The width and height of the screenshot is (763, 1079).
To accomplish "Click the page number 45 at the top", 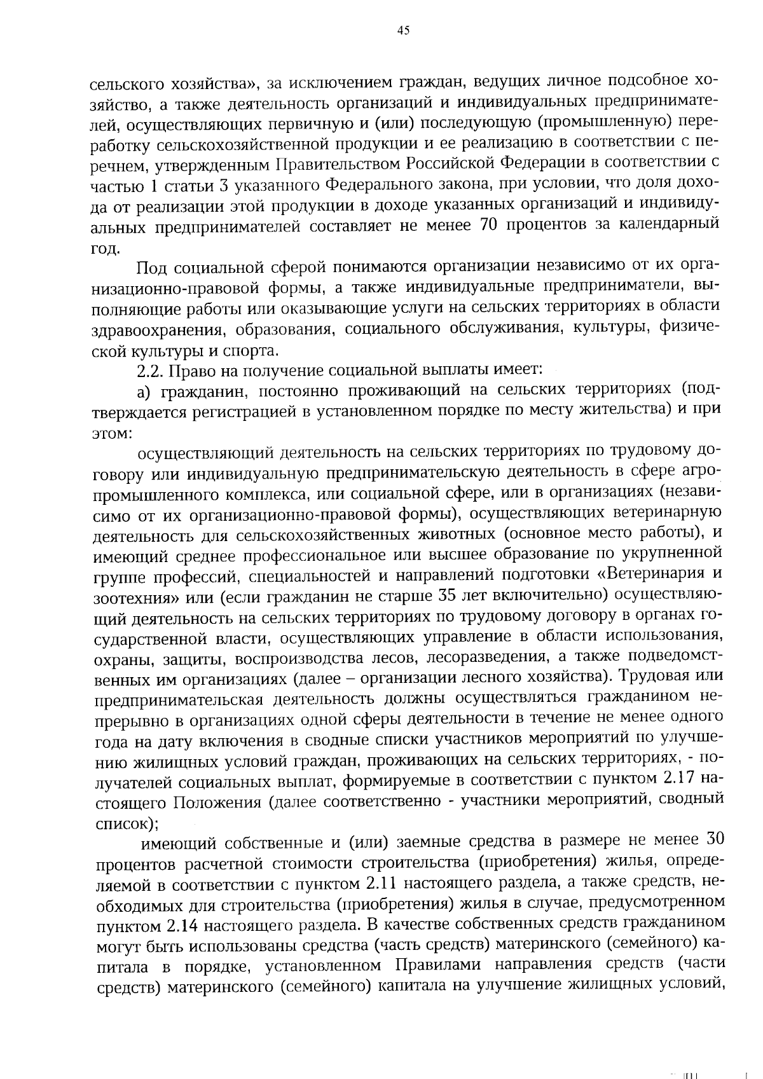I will pyautogui.click(x=402, y=31).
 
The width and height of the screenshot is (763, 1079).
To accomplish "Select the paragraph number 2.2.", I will pyautogui.click(x=149, y=370).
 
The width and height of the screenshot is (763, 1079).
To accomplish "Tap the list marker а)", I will pyautogui.click(x=144, y=390).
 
